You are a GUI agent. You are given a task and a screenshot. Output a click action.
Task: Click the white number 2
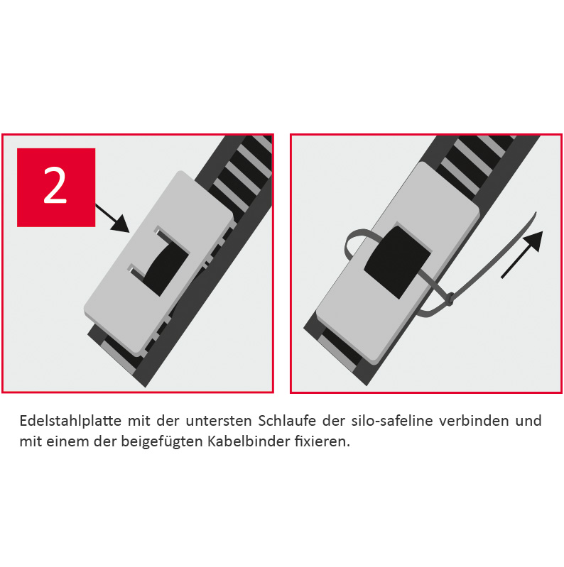[x=55, y=185]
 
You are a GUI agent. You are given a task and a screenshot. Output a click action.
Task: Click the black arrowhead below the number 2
[x=120, y=224]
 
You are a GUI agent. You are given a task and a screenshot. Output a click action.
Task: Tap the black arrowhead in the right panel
[x=533, y=241]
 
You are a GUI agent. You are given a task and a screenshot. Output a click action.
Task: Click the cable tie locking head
[x=450, y=299]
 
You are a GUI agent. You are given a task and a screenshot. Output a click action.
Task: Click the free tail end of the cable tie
[x=535, y=214]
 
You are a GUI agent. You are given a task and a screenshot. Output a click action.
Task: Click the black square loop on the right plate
[x=397, y=262]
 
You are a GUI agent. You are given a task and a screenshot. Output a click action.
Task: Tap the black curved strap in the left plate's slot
[x=166, y=269]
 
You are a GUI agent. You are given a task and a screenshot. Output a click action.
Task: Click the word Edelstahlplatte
[x=70, y=421]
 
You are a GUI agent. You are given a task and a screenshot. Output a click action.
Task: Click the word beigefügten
[x=162, y=442]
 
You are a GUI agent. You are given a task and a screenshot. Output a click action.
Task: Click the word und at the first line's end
[x=528, y=421]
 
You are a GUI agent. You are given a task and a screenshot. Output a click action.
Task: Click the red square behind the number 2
[x=56, y=187]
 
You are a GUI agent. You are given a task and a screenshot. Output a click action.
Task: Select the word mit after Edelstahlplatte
[x=139, y=421]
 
